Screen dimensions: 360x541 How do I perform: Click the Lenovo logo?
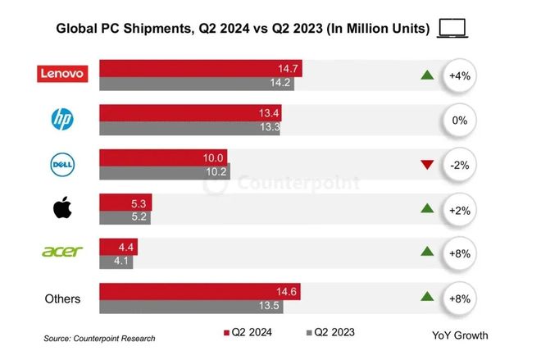click(x=62, y=74)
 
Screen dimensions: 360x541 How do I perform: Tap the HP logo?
click(x=62, y=120)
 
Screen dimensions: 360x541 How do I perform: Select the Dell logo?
click(x=62, y=165)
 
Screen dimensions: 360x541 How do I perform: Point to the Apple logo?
click(x=62, y=208)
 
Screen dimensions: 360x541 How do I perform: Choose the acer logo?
click(x=62, y=252)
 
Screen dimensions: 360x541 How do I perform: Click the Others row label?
click(x=62, y=298)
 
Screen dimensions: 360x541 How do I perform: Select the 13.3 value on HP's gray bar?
click(x=268, y=127)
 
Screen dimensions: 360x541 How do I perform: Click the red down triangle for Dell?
click(x=426, y=166)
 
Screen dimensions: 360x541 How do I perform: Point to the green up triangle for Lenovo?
click(x=426, y=75)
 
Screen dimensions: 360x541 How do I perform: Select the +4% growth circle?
click(x=459, y=75)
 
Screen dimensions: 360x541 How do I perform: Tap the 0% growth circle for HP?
click(x=459, y=120)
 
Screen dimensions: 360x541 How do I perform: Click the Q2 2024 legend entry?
click(x=248, y=334)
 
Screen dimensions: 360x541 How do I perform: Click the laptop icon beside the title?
click(x=453, y=29)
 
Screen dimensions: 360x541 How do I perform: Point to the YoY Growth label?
click(x=460, y=335)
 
